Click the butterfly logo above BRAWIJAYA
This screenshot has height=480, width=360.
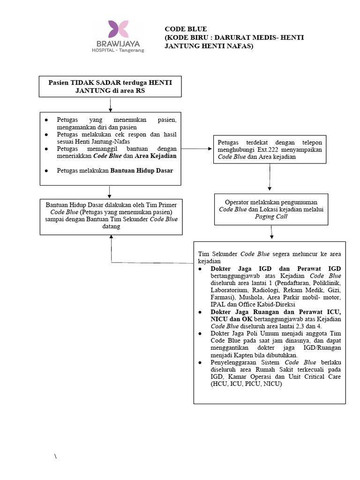[x=118, y=29]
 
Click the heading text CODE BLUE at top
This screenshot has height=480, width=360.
[x=186, y=29]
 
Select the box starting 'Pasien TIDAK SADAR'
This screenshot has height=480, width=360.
[x=110, y=86]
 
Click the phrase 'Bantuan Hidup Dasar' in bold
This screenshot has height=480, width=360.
[x=142, y=171]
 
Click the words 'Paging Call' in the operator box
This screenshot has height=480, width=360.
[x=271, y=217]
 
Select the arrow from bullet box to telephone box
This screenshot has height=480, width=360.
[x=197, y=149]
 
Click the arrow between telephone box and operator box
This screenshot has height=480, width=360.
[x=270, y=178]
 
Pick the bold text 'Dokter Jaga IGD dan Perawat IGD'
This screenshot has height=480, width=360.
[x=276, y=269]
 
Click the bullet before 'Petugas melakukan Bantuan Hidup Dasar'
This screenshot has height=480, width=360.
[x=46, y=171]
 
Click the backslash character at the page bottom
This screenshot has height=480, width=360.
[x=55, y=457]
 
